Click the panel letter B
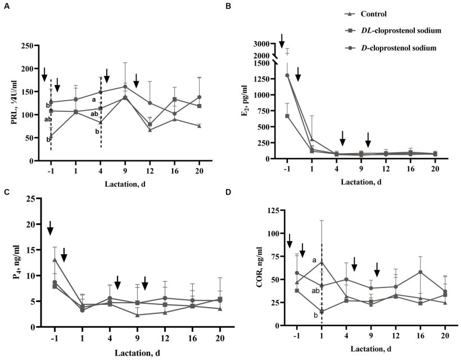point(243,6)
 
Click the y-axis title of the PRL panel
point(12,103)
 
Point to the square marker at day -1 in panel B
point(287,116)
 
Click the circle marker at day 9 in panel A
point(125,87)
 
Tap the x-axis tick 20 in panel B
point(435,169)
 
